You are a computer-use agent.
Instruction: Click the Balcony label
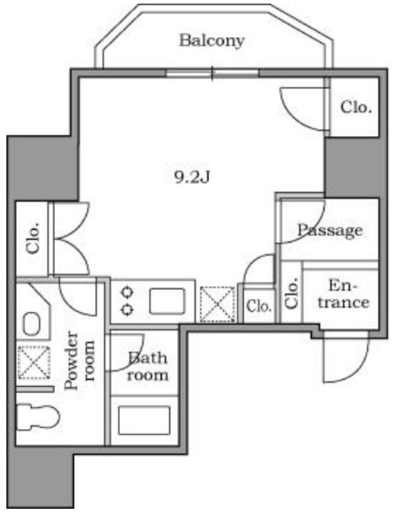tap(212, 41)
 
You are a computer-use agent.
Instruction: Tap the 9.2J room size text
tap(192, 177)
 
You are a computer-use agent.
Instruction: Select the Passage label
tap(329, 231)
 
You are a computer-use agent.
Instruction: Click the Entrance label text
tap(343, 293)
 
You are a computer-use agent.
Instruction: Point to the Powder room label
tap(80, 360)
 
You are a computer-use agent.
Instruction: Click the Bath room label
tap(147, 366)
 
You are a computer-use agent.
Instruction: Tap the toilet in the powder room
tap(38, 417)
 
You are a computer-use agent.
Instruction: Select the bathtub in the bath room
tap(144, 420)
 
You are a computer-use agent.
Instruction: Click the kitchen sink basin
tap(167, 301)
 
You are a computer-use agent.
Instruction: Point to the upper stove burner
tap(127, 292)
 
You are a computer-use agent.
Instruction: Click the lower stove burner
tap(127, 310)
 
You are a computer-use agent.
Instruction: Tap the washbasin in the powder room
tap(32, 323)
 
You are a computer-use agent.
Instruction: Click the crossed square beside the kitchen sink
tap(218, 304)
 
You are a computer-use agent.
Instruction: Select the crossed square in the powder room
tap(34, 362)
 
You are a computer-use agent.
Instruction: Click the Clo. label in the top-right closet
tap(356, 107)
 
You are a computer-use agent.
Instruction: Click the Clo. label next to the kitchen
tap(259, 306)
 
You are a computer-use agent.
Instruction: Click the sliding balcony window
tap(213, 73)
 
